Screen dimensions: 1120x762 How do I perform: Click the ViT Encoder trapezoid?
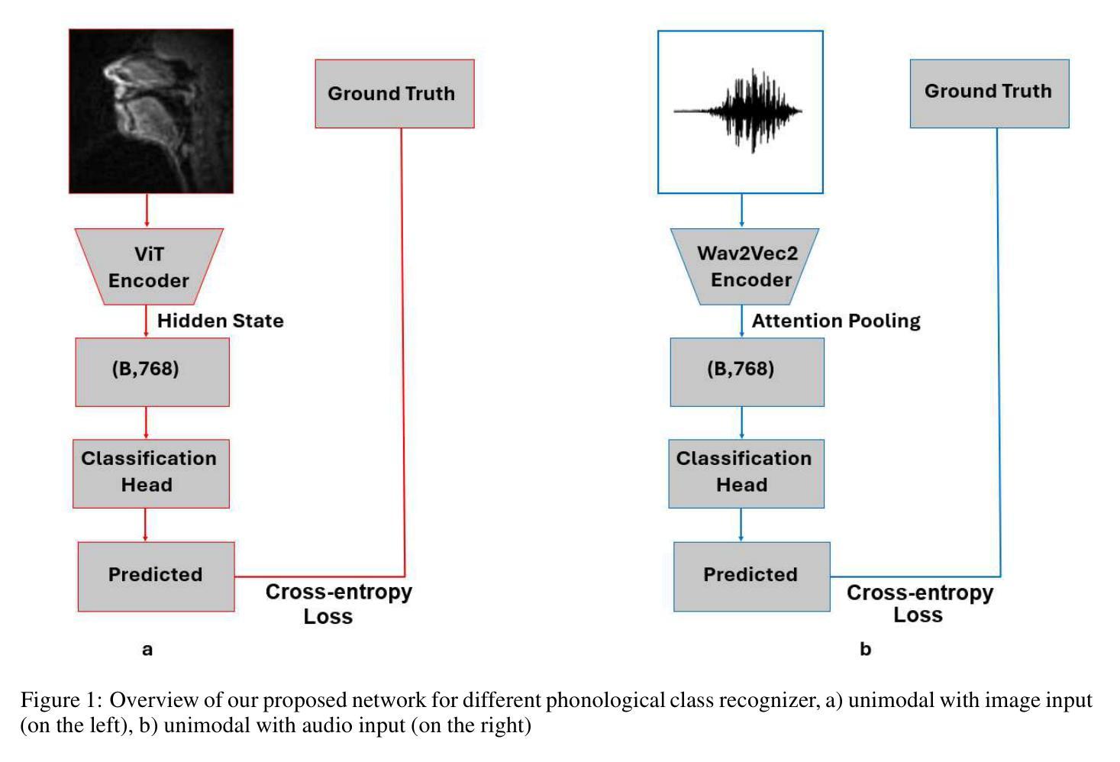click(x=149, y=267)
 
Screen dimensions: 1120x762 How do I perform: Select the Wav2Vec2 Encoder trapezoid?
click(x=744, y=267)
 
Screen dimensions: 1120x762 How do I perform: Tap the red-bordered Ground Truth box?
click(x=395, y=93)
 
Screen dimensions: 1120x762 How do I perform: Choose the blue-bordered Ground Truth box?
click(x=989, y=93)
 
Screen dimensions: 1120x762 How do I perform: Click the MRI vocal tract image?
click(x=151, y=111)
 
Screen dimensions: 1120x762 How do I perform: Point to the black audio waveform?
click(x=738, y=111)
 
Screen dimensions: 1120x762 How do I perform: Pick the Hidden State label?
click(x=221, y=321)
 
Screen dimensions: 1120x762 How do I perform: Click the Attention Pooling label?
click(x=836, y=321)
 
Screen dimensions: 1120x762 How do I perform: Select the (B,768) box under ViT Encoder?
click(x=153, y=372)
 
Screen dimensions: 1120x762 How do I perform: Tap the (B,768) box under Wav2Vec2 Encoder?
click(x=747, y=372)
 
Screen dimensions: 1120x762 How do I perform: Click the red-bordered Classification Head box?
click(x=151, y=474)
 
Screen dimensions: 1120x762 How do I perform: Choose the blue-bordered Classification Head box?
click(x=747, y=474)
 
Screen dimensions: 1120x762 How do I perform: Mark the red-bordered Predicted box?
click(x=156, y=576)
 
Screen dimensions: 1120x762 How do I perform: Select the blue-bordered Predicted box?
click(x=752, y=576)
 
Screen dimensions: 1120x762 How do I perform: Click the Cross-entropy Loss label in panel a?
click(x=338, y=604)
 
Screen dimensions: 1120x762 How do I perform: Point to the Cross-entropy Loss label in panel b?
click(x=919, y=603)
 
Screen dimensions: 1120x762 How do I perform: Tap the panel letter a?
click(x=147, y=650)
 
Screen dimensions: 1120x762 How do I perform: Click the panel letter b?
click(x=866, y=648)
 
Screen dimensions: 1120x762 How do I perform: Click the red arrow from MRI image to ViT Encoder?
click(x=147, y=211)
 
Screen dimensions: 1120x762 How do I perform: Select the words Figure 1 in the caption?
click(x=61, y=700)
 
